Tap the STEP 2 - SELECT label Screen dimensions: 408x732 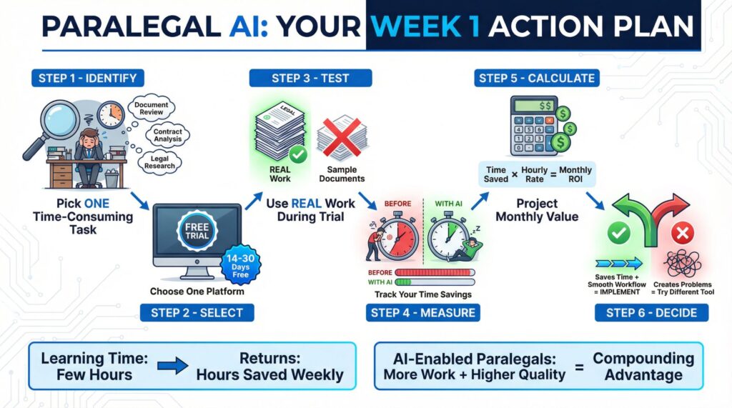[x=197, y=312]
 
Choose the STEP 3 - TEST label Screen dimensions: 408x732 [x=311, y=78]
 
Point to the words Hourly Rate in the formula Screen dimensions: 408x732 [x=535, y=175]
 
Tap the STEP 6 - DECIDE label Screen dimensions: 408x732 [x=651, y=312]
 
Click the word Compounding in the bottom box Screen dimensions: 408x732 [x=643, y=359]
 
